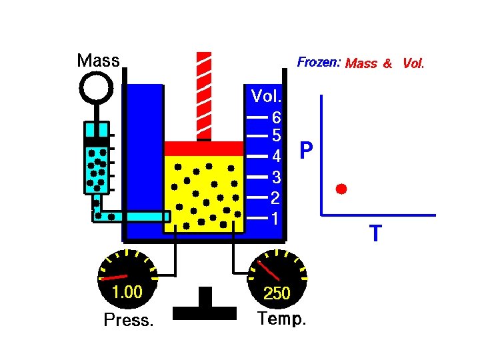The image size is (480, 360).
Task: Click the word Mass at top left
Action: [98, 61]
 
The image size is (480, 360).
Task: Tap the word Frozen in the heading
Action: [318, 63]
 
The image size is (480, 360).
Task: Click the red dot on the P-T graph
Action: [341, 189]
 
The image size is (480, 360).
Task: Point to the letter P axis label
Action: [306, 151]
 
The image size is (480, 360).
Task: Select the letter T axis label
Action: [375, 234]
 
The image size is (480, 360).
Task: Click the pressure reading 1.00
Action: [127, 292]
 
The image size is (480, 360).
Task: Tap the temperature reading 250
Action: [277, 293]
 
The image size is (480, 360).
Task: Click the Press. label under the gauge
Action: [129, 321]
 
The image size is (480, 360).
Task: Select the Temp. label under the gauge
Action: [282, 319]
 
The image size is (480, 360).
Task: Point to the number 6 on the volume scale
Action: [277, 117]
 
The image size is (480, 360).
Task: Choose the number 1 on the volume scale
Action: [275, 218]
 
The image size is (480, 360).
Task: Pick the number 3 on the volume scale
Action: [275, 177]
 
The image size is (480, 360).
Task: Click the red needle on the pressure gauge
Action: [114, 276]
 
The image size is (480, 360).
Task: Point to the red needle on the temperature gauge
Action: [269, 269]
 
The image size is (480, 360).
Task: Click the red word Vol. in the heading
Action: [413, 63]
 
